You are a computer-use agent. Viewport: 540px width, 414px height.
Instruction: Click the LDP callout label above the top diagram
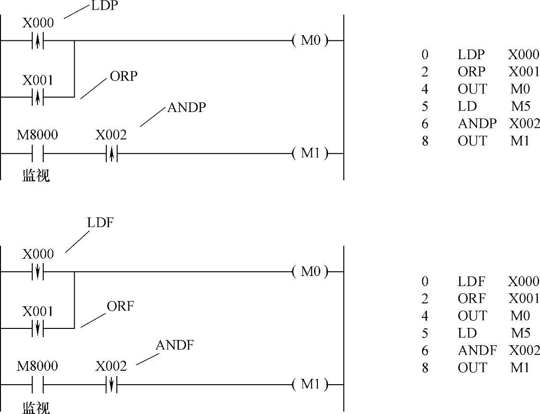tap(104, 7)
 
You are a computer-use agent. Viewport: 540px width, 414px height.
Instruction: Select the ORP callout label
tap(124, 76)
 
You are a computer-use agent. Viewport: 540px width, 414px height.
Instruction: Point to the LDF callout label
tap(100, 223)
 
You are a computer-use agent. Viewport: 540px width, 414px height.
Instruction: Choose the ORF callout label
tap(120, 306)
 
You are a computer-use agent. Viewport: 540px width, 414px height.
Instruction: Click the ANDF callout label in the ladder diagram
tap(174, 345)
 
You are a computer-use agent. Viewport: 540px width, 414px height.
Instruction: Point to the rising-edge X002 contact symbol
tap(111, 154)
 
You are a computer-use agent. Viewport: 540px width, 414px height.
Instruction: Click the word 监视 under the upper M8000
tap(36, 176)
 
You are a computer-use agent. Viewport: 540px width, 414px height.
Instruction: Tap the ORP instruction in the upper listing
tap(471, 72)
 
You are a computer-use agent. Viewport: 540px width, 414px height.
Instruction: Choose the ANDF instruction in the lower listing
tap(477, 351)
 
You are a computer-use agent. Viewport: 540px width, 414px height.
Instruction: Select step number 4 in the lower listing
tap(425, 316)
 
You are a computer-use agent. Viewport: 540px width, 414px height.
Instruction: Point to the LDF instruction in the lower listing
tap(471, 281)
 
